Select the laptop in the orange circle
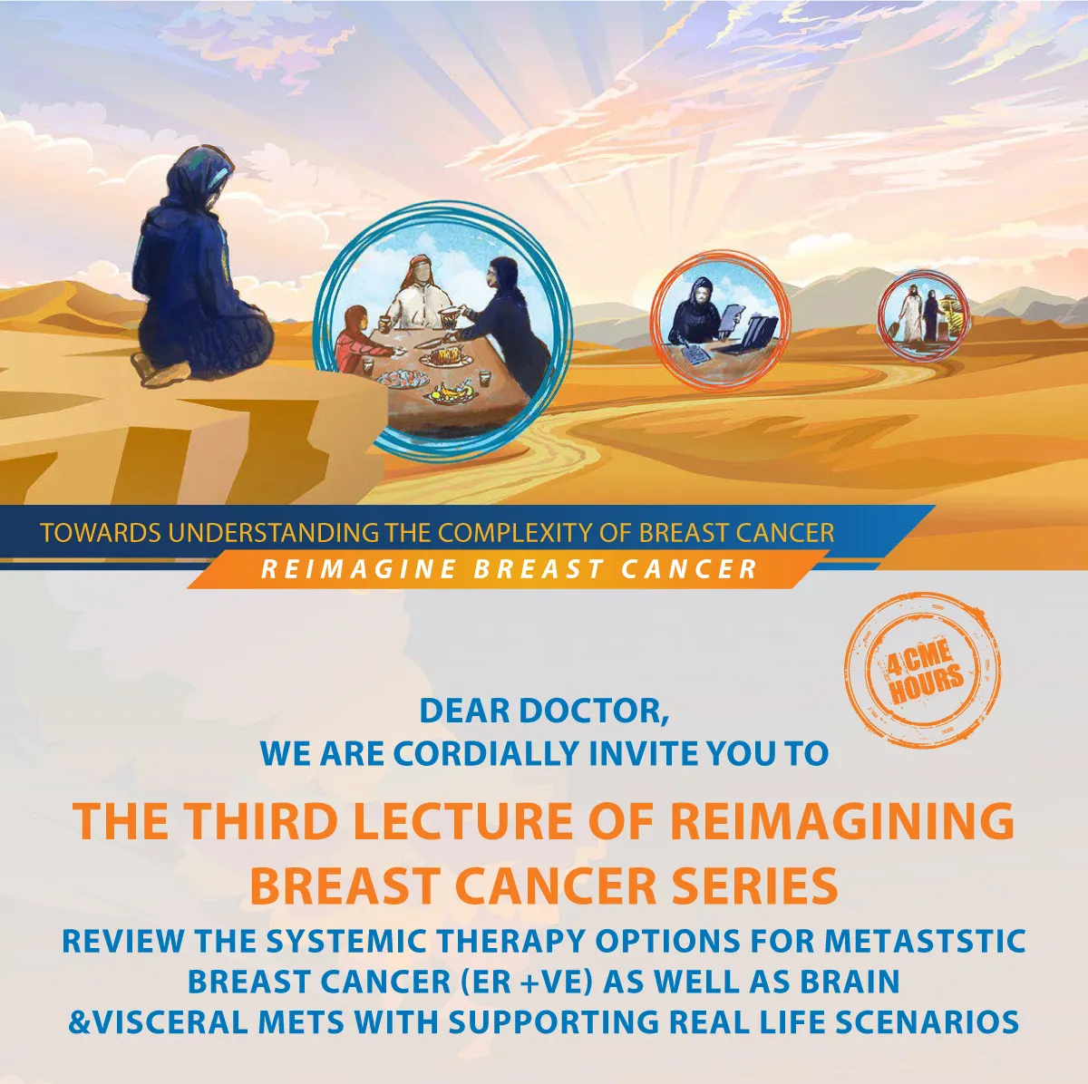pos(751,334)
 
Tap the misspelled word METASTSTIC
pos(924,940)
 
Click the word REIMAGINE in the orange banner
pos(359,569)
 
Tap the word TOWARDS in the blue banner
pos(102,533)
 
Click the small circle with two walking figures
pos(923,315)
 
